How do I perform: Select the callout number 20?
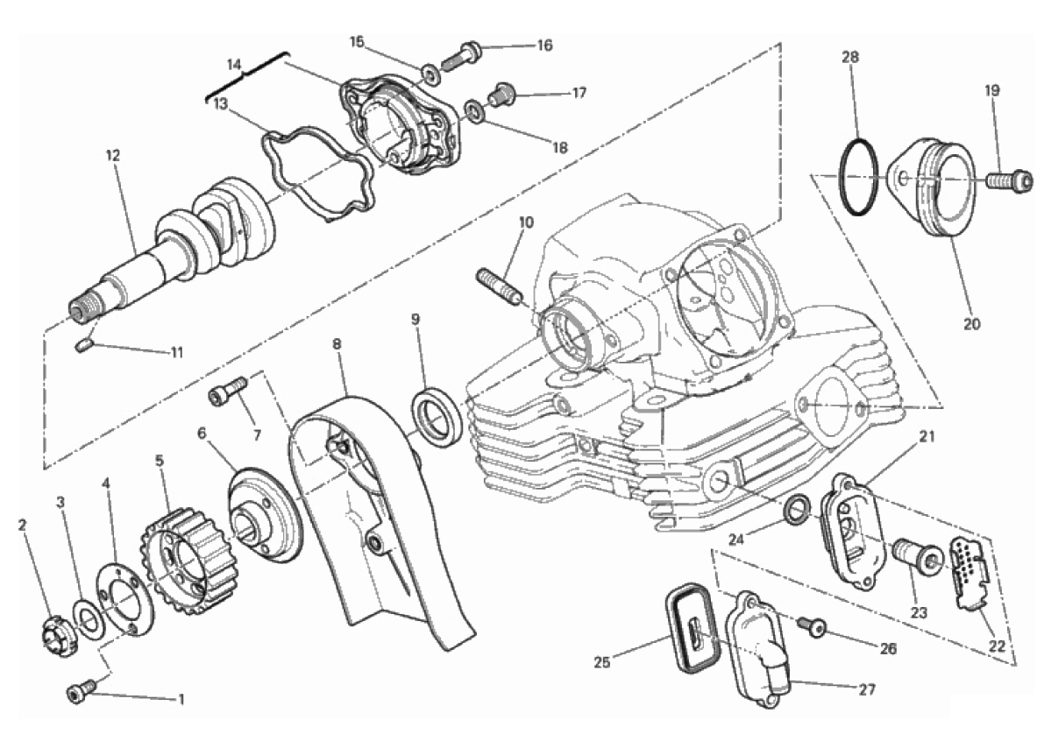point(972,325)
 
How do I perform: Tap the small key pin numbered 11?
point(83,347)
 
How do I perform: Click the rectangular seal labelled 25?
point(693,627)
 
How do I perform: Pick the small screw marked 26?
point(811,625)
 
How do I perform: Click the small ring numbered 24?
point(797,509)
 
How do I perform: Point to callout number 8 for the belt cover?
point(337,344)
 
